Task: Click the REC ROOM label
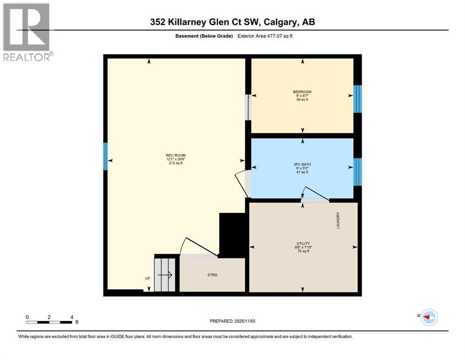176,155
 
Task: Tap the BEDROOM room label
302,92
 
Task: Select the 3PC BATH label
302,165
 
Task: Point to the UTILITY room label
303,243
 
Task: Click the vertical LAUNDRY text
338,220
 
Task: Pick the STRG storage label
212,275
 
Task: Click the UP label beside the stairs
148,278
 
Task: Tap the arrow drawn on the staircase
165,275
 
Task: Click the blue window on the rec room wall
105,157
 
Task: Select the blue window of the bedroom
357,99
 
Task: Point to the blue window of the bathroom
357,172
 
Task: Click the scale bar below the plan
49,322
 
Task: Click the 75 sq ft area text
303,251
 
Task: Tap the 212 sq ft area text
176,163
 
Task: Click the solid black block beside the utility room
233,235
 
